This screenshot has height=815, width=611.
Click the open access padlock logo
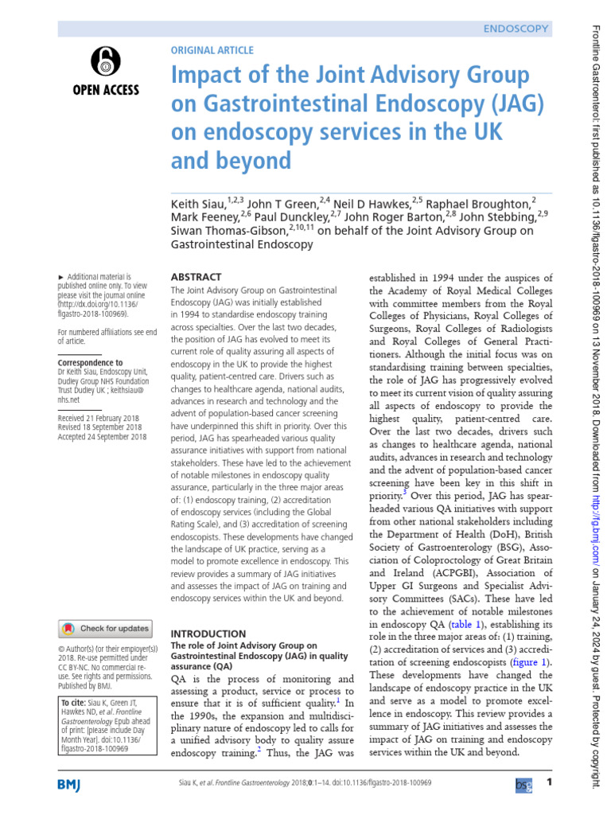[x=106, y=60]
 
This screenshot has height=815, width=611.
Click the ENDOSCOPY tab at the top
[x=516, y=29]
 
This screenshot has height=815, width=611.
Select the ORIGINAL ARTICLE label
[x=212, y=50]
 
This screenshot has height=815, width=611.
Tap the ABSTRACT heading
[x=197, y=276]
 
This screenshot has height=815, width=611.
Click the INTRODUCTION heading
[x=209, y=611]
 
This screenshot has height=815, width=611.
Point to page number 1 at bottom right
[x=549, y=784]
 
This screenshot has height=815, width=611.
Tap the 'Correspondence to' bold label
[x=91, y=362]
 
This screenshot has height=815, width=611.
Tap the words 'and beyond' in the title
[x=232, y=161]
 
